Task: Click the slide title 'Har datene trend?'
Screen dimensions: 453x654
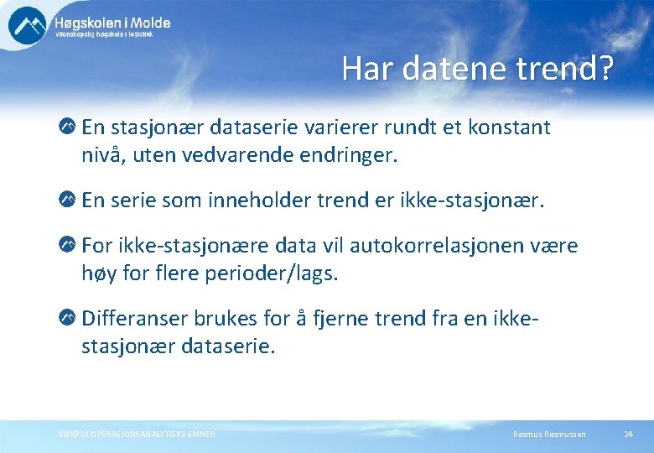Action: (x=477, y=70)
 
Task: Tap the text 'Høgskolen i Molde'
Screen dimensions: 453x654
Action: (x=112, y=23)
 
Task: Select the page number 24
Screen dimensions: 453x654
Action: (x=628, y=434)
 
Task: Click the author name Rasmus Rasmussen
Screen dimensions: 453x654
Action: (x=549, y=434)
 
